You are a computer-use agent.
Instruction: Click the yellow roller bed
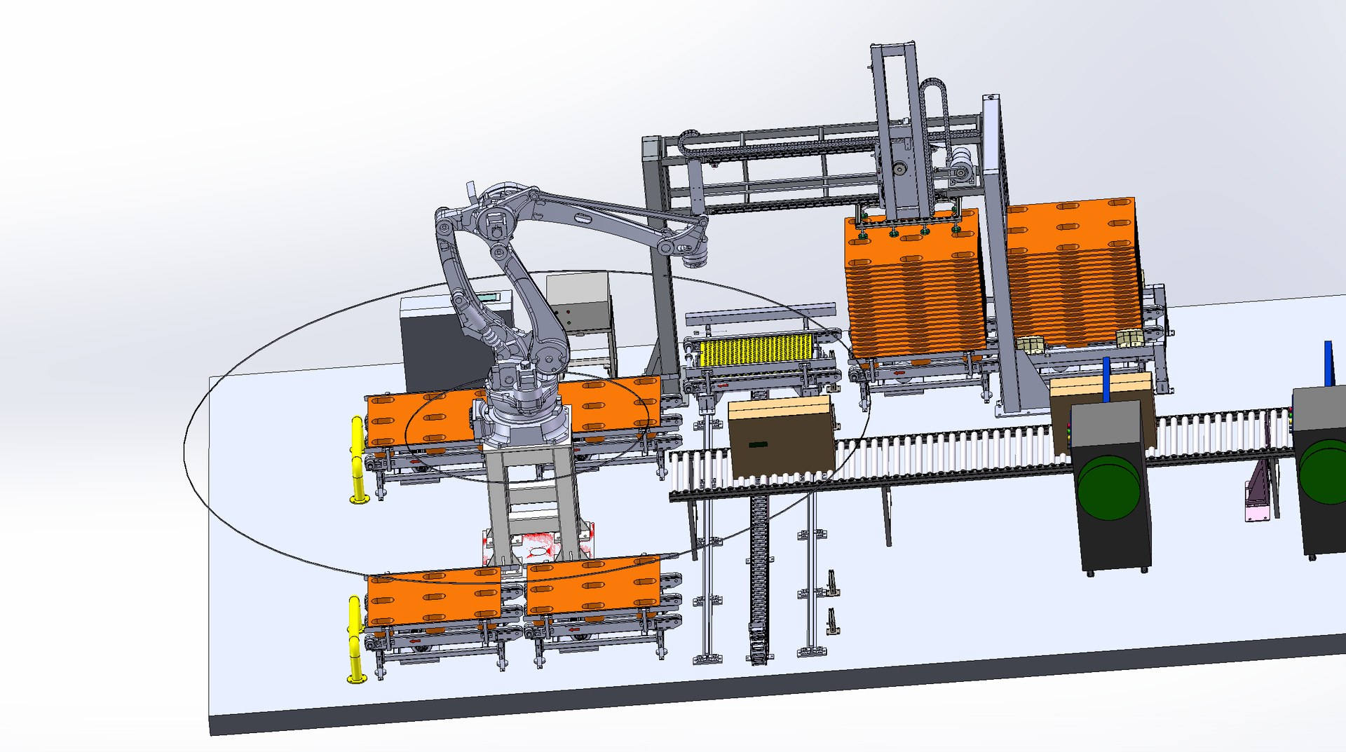click(x=756, y=349)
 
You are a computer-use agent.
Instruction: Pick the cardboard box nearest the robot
click(x=781, y=436)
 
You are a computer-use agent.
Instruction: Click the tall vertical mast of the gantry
click(x=895, y=133)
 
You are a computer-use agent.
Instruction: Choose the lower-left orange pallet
click(x=433, y=596)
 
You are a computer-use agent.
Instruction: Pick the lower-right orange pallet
click(x=593, y=584)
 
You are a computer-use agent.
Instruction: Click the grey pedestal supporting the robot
click(x=533, y=498)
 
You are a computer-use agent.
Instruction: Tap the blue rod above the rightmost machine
click(x=1328, y=363)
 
